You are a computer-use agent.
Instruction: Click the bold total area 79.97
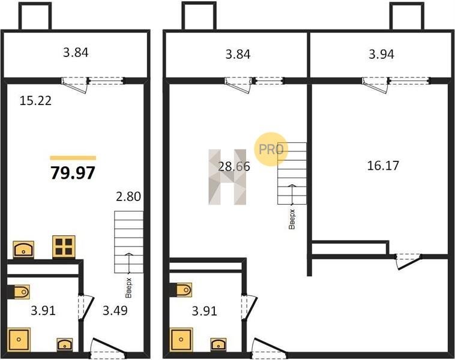pos(73,173)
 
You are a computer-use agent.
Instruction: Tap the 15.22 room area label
pos(35,101)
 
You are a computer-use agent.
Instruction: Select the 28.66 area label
pos(234,167)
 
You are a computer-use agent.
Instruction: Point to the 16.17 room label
pos(383,166)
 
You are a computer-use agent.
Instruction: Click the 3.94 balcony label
pos(381,54)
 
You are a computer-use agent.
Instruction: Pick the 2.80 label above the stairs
pos(128,196)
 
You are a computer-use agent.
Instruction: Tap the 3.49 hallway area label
pos(115,310)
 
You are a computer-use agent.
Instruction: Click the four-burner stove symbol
pos(64,247)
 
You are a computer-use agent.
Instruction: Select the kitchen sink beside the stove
pos(23,250)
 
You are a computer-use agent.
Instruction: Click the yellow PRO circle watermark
pos(271,149)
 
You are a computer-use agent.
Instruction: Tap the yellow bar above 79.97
pos(73,158)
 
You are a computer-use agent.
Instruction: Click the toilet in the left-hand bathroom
pos(20,292)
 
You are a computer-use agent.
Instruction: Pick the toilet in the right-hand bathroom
pos(182,290)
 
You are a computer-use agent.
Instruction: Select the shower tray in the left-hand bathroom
pos(19,340)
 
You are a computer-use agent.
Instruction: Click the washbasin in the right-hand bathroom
pos(218,344)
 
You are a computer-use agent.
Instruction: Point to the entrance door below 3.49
pos(108,347)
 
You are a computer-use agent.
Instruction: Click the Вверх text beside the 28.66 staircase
pos(292,219)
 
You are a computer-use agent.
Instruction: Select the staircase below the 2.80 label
pos(129,242)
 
